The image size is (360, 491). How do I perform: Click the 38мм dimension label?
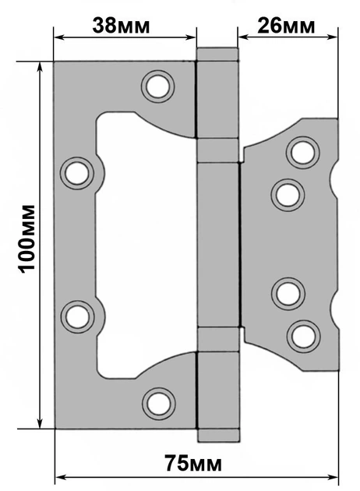121,26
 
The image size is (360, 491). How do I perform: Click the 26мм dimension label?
286,26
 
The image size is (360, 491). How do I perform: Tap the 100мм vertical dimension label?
26,238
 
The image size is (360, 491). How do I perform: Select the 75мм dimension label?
193,463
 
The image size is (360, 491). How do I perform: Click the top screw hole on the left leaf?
157,87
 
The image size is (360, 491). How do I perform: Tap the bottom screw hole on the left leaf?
158,404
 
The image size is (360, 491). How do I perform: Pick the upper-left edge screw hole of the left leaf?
76,173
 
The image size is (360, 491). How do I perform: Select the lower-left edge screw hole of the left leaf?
77,316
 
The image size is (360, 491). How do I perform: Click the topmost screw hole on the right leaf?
302,153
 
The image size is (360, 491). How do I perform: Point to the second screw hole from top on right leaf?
288,195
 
